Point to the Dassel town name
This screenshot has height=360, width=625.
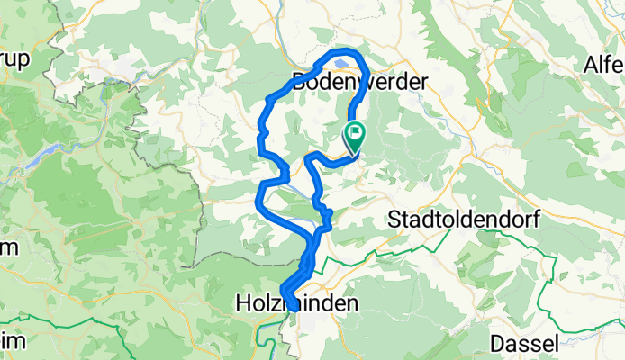523,343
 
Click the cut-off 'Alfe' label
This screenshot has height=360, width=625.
603,66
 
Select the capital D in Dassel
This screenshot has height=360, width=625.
498,343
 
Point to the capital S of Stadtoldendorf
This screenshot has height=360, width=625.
394,219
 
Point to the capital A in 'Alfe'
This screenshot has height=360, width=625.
591,66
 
